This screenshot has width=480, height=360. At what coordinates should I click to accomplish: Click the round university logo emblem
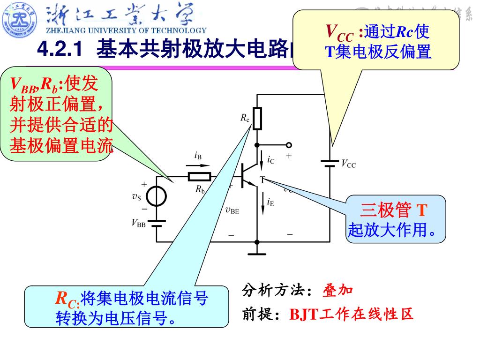(x=20, y=19)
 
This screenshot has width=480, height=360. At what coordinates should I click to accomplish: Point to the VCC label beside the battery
(x=348, y=164)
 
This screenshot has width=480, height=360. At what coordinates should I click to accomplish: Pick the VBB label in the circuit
(x=138, y=223)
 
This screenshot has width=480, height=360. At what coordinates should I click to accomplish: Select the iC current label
(x=270, y=160)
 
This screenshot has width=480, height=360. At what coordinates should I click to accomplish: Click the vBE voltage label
(x=232, y=210)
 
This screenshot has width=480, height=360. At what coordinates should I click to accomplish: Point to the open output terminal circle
(x=289, y=145)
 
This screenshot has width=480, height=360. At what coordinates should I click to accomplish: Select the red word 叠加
(x=337, y=291)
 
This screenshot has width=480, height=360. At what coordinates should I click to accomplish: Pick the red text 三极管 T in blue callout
(x=394, y=210)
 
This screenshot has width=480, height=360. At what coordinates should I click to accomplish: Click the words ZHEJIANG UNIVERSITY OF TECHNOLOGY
(x=126, y=30)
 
